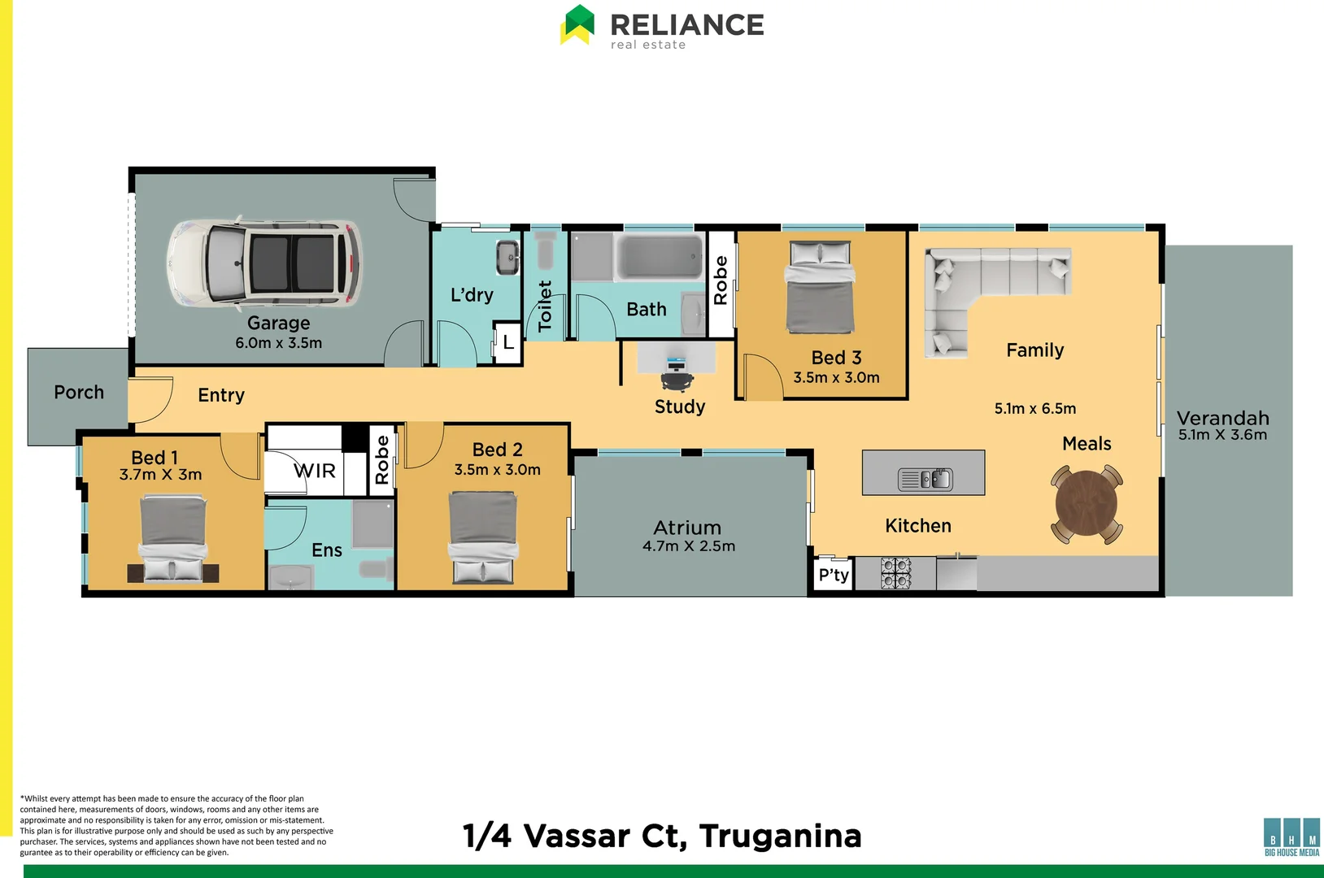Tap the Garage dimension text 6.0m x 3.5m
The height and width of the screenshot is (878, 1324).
tap(279, 343)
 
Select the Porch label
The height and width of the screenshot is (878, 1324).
tap(79, 393)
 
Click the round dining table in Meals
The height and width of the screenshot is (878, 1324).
tap(1087, 504)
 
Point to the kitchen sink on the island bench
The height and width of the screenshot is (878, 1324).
tap(925, 479)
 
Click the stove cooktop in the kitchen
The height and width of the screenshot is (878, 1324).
tap(896, 573)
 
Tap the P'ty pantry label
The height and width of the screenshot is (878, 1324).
tap(834, 576)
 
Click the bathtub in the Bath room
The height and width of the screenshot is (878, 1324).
tap(660, 257)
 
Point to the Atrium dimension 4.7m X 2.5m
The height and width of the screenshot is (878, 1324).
tap(689, 546)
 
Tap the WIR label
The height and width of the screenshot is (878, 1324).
tap(315, 471)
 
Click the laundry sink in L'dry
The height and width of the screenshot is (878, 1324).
tap(507, 258)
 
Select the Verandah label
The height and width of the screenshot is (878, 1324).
tap(1223, 418)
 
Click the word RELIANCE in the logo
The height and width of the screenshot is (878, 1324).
tap(687, 24)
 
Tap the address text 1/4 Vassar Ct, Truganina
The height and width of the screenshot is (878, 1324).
tap(662, 836)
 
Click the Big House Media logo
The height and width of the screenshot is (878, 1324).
tap(1291, 837)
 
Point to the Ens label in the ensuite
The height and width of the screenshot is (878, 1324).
tap(327, 550)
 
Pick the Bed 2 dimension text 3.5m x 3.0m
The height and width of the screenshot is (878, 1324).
tap(498, 470)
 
